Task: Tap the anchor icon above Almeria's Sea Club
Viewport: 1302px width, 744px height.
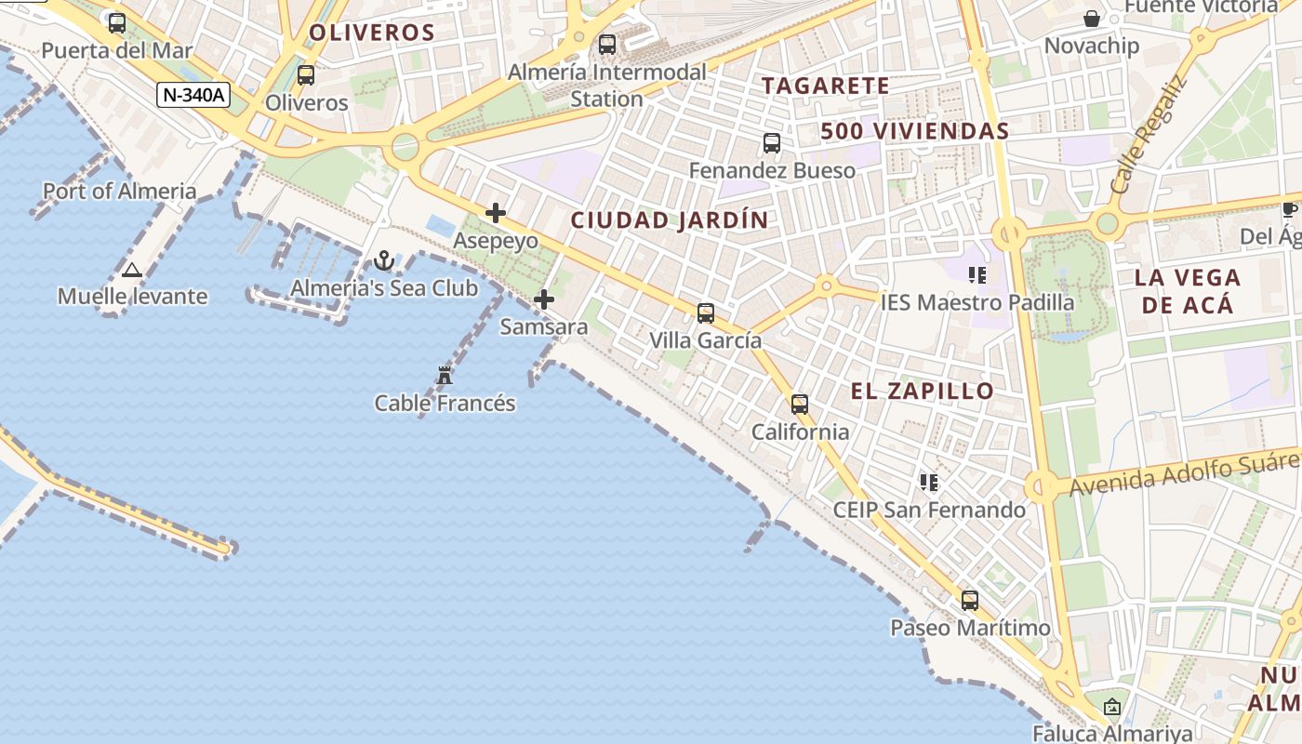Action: click(384, 260)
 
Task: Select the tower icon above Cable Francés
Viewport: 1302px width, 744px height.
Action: click(445, 376)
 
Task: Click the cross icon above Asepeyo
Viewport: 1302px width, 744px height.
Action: click(496, 213)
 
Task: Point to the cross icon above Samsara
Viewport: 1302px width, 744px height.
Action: click(544, 299)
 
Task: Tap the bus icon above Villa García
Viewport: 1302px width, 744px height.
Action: click(706, 312)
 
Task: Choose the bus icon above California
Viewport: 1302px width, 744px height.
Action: click(800, 405)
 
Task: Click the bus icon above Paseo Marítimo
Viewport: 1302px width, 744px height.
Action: click(970, 601)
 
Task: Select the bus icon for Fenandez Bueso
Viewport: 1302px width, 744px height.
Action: click(772, 143)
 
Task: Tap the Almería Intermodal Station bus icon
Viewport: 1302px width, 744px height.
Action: click(607, 44)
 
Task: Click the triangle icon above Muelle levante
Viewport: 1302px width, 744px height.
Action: click(131, 271)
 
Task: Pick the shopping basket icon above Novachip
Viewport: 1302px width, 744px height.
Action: click(1092, 19)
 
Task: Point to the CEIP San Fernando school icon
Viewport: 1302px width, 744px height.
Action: click(928, 483)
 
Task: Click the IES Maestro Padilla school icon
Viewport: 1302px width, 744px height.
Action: click(976, 275)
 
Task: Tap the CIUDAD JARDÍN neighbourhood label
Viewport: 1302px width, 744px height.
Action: click(670, 220)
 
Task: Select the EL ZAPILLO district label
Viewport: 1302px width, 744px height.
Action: click(923, 392)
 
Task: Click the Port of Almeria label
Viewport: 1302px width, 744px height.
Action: click(120, 192)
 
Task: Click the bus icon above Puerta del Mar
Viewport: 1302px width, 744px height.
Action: click(117, 23)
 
